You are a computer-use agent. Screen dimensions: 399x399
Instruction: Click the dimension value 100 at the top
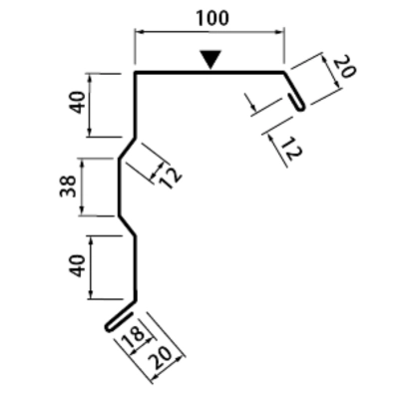tap(212, 18)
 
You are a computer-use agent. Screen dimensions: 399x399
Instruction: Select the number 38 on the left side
tap(68, 187)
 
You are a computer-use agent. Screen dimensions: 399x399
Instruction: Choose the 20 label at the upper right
tap(344, 67)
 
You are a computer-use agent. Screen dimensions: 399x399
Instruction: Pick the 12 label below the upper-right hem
tap(290, 149)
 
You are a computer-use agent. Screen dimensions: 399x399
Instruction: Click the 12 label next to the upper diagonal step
tap(171, 178)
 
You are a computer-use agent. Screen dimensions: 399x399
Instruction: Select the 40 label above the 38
tap(79, 102)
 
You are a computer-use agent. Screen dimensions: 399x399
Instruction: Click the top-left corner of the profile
tap(135, 72)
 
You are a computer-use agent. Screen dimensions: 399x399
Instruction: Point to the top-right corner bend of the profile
tap(284, 72)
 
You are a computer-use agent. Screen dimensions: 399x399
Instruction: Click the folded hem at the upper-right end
tap(297, 103)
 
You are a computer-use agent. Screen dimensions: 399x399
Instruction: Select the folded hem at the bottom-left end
tap(119, 321)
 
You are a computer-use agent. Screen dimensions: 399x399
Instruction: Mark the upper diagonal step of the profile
tap(127, 149)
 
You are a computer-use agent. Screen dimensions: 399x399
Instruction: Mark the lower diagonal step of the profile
tap(127, 226)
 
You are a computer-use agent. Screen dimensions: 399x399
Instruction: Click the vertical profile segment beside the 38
tap(119, 188)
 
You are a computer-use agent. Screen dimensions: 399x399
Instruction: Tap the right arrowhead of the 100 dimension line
tap(280, 32)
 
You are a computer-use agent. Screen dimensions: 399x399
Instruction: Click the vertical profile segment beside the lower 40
tap(136, 268)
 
